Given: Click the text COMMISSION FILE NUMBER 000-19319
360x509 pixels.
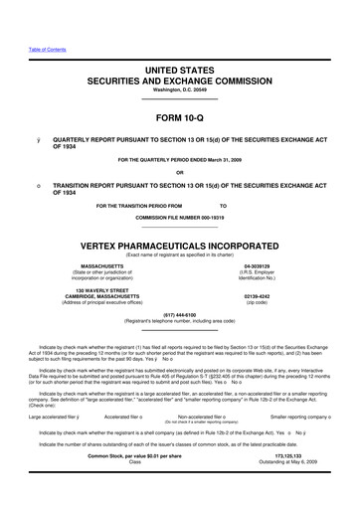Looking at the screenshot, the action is [179, 217].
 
